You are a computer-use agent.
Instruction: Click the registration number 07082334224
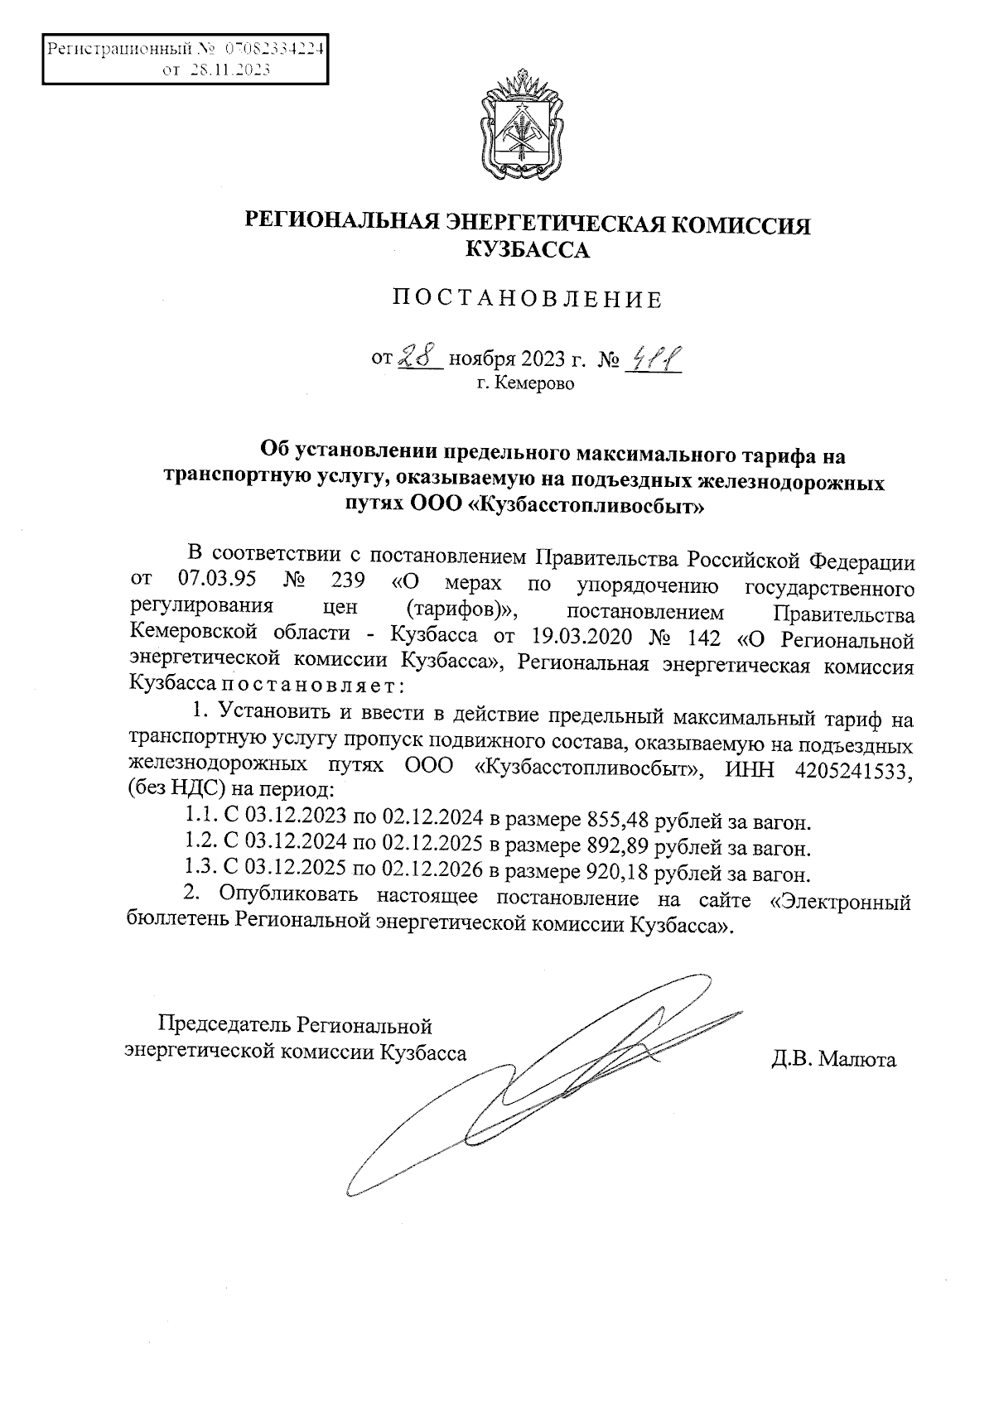272,48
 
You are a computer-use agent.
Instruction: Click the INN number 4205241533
852,769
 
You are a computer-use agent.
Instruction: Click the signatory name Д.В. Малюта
833,1059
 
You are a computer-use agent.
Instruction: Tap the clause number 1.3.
200,873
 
